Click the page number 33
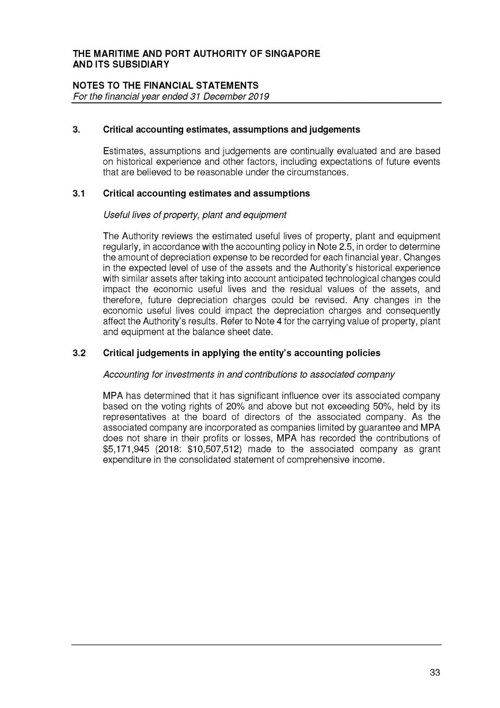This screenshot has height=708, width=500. (435, 673)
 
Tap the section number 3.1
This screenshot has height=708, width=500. (79, 194)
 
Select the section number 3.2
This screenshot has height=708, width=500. (79, 353)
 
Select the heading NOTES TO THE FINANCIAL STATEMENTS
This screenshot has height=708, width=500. (166, 86)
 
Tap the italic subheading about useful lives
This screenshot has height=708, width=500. (195, 215)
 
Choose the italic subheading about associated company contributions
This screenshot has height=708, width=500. (249, 375)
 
